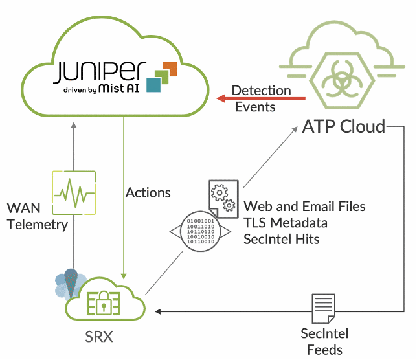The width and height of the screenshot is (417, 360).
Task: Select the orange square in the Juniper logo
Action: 170,68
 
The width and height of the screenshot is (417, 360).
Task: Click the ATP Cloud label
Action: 343,126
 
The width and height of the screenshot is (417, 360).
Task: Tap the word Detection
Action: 261,90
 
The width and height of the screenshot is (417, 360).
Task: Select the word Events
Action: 255,107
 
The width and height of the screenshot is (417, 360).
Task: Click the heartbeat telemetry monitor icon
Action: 74,192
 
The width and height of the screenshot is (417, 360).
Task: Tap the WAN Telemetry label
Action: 37,217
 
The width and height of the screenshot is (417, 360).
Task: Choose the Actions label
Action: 148,193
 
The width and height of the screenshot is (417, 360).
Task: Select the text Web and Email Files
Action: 304,207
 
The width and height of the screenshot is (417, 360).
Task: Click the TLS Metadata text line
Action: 285,223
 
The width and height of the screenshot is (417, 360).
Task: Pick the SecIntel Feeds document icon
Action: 324,309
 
